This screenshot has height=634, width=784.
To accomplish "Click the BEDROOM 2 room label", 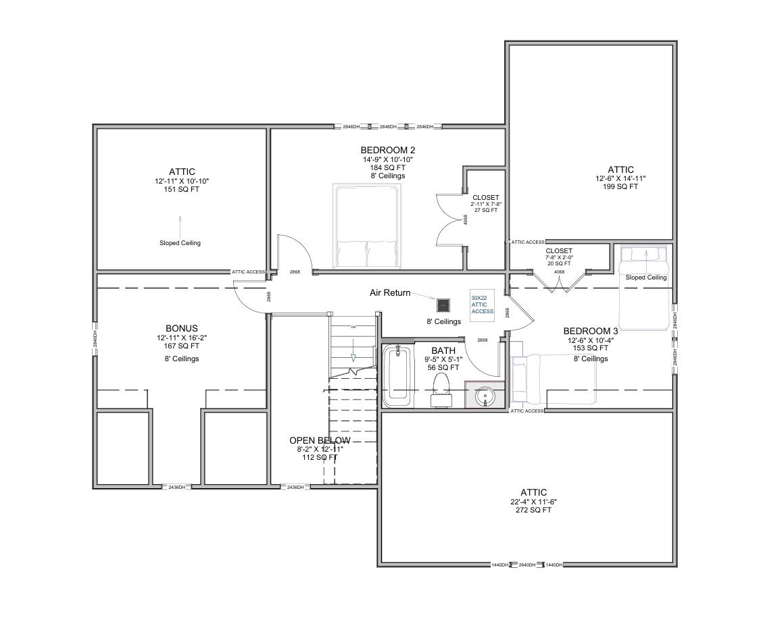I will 387,150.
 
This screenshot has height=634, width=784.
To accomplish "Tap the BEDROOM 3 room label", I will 591,331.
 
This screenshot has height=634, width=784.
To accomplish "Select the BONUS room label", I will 181,328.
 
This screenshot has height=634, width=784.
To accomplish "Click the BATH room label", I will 444,350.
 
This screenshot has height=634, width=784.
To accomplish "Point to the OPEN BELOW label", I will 320,440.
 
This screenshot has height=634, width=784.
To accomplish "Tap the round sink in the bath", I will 485,396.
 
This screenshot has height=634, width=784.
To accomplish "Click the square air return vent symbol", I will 443,305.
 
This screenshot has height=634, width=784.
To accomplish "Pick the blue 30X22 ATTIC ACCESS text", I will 483,304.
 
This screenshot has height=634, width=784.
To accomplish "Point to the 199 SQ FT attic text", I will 620,187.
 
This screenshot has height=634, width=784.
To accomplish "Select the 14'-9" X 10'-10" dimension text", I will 387,159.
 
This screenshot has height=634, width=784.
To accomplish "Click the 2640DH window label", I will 526,564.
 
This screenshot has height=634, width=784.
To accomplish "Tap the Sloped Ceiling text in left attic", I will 180,243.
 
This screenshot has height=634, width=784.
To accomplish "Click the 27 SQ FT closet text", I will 485,210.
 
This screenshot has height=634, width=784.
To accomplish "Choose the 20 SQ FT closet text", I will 559,263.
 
